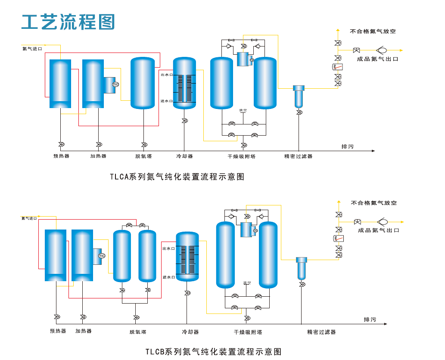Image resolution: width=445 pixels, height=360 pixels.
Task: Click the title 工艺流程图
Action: coord(68,21)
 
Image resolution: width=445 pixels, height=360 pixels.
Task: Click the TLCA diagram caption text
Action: coord(177,177)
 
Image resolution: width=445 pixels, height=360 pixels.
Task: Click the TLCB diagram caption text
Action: coord(213,351)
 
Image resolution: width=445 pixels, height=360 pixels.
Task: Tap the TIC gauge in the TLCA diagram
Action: coord(115,84)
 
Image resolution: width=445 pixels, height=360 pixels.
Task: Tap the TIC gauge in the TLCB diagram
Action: coord(102,256)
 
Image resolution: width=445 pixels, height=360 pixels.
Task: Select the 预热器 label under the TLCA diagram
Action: coord(61,156)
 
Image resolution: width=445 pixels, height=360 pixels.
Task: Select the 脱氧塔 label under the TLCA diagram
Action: coord(143,156)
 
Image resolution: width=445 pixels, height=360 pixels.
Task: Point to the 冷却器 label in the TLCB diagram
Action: coord(190,332)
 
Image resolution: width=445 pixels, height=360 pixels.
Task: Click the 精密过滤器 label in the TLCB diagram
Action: coord(321,332)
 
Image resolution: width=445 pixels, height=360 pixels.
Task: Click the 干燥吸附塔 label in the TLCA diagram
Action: coord(241,156)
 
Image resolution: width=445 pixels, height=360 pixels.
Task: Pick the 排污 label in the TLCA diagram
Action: coord(347,147)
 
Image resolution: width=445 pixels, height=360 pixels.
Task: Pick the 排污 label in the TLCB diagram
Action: coord(370,320)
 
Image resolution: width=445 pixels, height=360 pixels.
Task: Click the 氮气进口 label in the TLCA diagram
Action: coord(32,49)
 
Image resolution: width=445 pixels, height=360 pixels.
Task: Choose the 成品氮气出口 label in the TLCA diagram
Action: coord(378,59)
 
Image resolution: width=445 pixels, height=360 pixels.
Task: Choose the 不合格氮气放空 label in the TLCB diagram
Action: coord(373,203)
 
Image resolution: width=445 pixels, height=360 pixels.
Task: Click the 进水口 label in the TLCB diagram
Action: coord(168,277)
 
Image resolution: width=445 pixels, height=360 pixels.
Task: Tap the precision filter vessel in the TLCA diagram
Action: coord(298,97)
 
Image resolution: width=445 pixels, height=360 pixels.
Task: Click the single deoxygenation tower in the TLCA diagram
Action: coord(143,83)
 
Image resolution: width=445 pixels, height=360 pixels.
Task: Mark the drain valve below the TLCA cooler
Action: coord(184,121)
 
